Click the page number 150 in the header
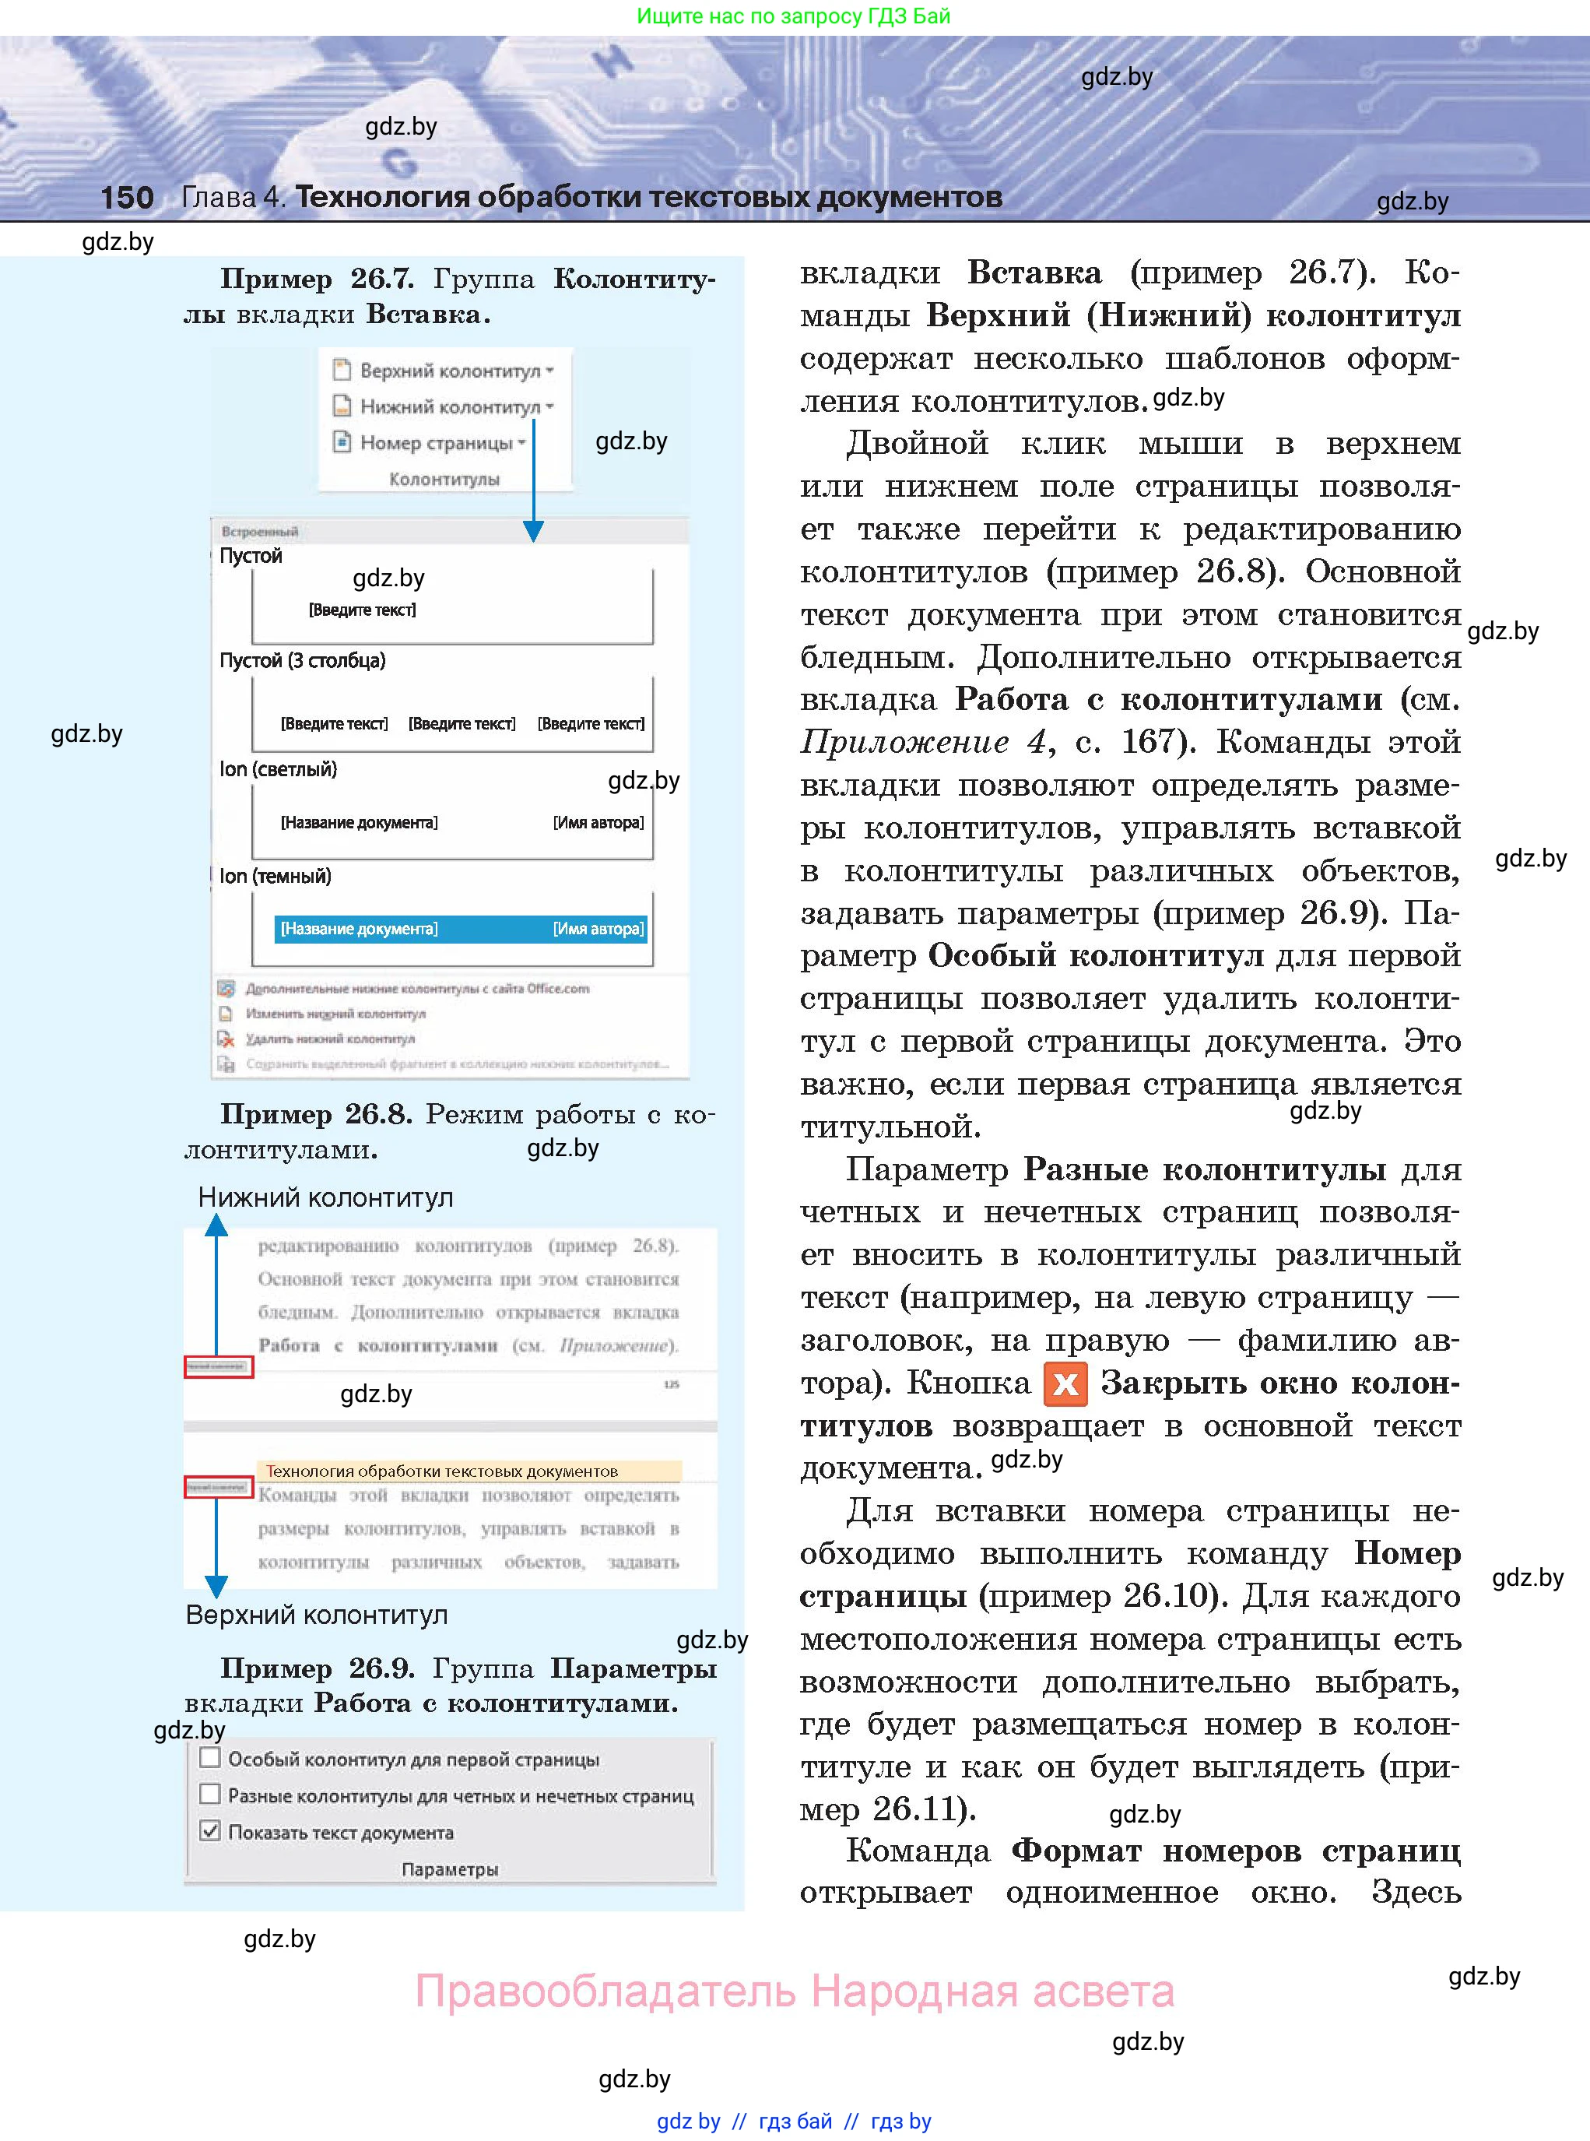[127, 197]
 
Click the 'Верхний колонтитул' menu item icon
[341, 370]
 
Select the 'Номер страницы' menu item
[435, 443]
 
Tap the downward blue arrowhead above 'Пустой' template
[533, 530]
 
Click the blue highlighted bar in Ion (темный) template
[460, 929]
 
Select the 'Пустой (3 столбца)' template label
[302, 660]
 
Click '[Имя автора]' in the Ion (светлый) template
[598, 823]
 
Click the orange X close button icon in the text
[1065, 1384]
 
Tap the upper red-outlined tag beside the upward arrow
[219, 1366]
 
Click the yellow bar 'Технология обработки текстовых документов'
[469, 1471]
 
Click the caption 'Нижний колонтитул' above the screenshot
[325, 1197]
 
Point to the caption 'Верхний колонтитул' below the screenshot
[317, 1615]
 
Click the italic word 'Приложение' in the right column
[904, 742]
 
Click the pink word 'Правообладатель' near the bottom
[605, 1991]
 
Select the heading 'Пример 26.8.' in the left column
[316, 1114]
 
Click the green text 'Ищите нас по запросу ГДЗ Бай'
[793, 16]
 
